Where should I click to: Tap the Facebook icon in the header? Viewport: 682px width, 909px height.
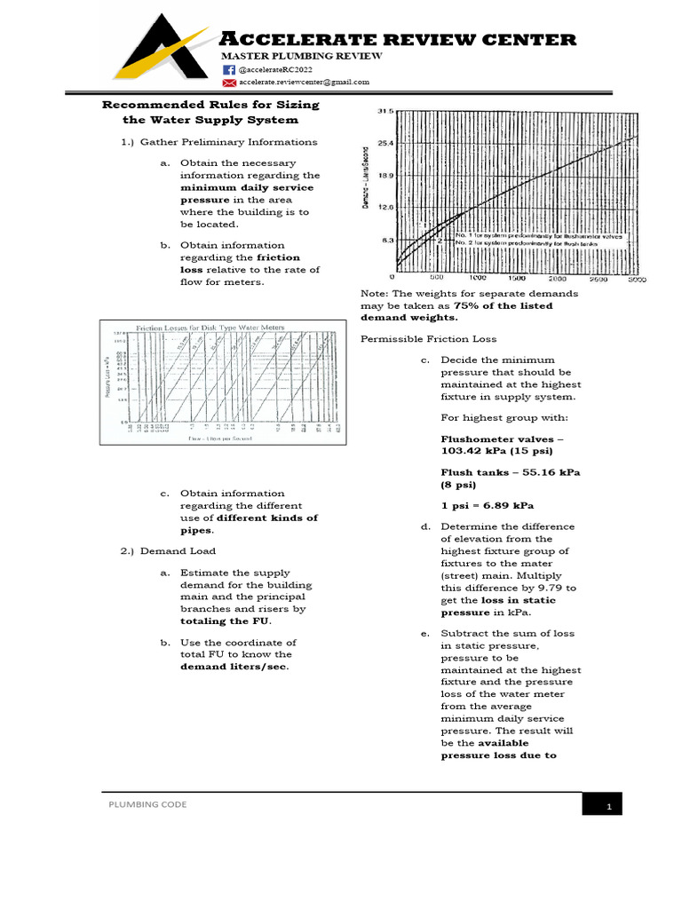tap(228, 69)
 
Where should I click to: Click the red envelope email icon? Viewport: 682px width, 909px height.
tap(228, 82)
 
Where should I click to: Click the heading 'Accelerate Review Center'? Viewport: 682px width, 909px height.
tap(398, 39)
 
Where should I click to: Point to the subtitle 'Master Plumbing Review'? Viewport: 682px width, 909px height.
tap(301, 56)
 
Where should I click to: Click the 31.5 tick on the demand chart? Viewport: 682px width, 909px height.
tap(384, 111)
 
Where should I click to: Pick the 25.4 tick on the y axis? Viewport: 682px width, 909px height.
tap(384, 143)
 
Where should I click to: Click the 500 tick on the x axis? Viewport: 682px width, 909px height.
tap(436, 278)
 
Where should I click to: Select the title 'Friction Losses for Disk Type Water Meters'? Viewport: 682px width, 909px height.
tap(210, 327)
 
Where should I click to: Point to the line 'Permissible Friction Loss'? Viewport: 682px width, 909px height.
tap(428, 339)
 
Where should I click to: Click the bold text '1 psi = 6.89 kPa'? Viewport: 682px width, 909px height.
tap(487, 505)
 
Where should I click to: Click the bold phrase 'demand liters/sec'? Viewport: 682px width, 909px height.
tap(235, 667)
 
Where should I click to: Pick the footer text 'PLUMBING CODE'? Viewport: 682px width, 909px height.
tap(147, 803)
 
